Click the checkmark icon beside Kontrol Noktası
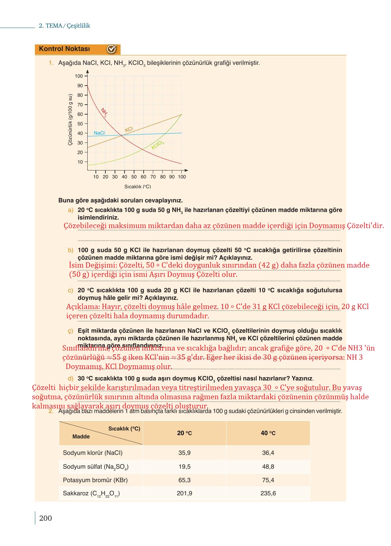112,49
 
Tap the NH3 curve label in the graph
103,113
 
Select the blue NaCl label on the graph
99,133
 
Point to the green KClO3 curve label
157,145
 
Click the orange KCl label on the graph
129,129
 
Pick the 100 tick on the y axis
79,76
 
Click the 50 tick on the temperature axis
134,177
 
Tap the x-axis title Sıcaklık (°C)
137,187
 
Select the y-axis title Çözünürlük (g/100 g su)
70,120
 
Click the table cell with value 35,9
184,453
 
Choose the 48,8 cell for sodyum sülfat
268,467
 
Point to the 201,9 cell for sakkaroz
184,493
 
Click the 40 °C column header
268,433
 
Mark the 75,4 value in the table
268,480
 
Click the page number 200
45,518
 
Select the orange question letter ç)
70,331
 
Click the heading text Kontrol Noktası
64,49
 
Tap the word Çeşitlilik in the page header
78,26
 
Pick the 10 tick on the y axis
80,162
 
